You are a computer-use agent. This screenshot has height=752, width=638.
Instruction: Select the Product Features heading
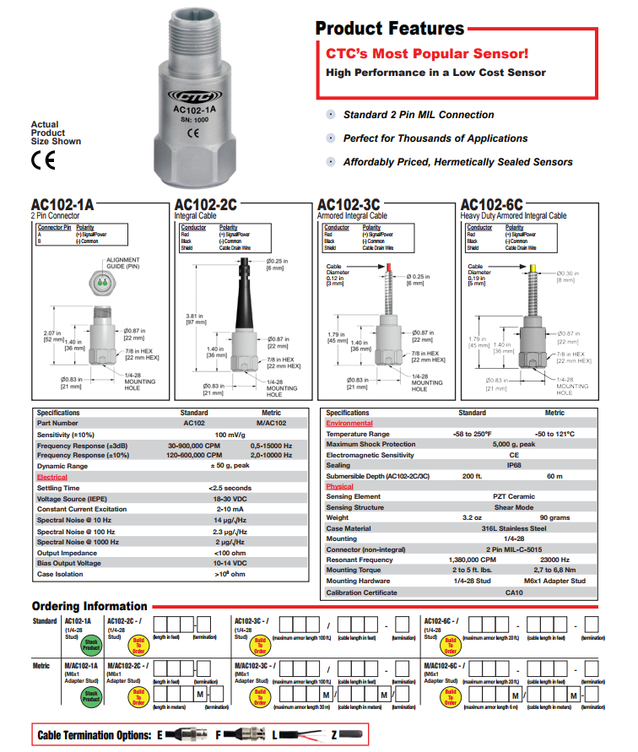389,28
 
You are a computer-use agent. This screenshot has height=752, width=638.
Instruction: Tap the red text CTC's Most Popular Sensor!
427,53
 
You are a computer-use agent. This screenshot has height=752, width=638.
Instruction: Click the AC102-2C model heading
205,206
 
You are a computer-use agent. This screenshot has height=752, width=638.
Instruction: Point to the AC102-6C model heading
491,206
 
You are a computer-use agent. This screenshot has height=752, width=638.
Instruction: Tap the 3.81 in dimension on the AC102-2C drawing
196,319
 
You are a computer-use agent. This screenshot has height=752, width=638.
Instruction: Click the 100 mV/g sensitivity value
230,434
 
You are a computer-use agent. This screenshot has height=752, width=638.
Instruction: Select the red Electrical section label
51,477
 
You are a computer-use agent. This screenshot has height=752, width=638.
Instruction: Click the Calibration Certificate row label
363,592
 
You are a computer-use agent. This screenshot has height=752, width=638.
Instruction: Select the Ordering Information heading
89,606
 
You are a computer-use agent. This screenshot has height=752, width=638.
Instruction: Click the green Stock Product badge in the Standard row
91,647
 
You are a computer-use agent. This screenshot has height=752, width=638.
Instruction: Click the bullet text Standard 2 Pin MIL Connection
419,115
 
